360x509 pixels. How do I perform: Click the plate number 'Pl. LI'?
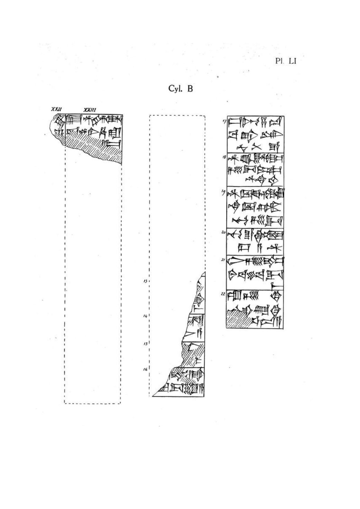[286, 61]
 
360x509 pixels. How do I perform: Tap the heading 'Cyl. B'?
[180, 89]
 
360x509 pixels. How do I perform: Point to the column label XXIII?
[90, 110]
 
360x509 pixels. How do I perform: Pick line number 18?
[224, 157]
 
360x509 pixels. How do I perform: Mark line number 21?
[223, 260]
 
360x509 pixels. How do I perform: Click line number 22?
[223, 294]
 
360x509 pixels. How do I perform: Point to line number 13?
[145, 281]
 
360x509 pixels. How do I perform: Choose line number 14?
[145, 316]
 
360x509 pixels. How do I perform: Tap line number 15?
[145, 343]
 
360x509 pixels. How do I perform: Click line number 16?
[145, 369]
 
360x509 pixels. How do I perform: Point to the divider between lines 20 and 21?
[255, 255]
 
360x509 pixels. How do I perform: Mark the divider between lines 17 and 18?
[255, 152]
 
